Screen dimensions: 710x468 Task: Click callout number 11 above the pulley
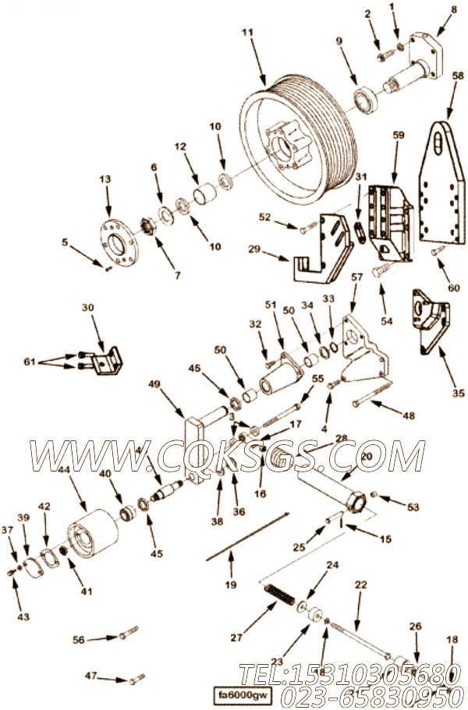coord(247,33)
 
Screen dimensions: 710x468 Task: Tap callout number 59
coord(398,135)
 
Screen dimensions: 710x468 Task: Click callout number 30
coord(87,308)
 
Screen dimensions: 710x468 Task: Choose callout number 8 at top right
coord(454,9)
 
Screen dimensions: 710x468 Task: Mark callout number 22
coord(360,584)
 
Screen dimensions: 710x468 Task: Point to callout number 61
coord(51,362)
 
